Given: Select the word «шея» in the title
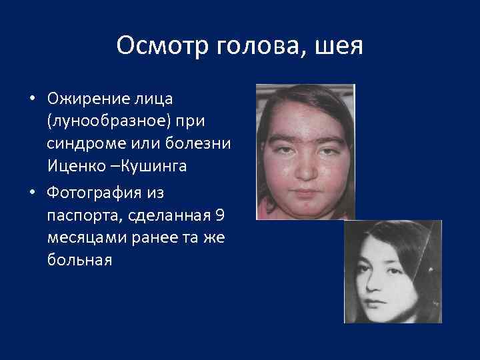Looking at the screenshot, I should point(341,46).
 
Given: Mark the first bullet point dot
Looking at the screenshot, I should point(31,100).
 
